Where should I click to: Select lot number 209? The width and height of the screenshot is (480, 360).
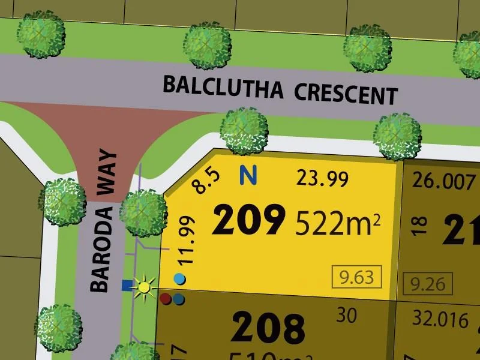pyautogui.click(x=248, y=221)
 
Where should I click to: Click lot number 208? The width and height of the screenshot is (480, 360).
pyautogui.click(x=268, y=329)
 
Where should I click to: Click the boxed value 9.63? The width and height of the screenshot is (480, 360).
pyautogui.click(x=356, y=277)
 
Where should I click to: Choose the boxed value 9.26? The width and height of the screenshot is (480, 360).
pyautogui.click(x=428, y=283)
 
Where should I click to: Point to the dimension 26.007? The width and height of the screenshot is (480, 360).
pyautogui.click(x=439, y=180)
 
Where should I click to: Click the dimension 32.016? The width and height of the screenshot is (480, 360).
pyautogui.click(x=441, y=320)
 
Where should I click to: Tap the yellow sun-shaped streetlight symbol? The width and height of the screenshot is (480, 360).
pyautogui.click(x=144, y=286)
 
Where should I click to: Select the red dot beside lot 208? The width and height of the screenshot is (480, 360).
pyautogui.click(x=166, y=298)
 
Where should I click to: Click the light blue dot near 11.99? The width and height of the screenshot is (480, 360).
pyautogui.click(x=179, y=279)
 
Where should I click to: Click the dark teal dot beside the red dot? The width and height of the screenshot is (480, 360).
pyautogui.click(x=178, y=299)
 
